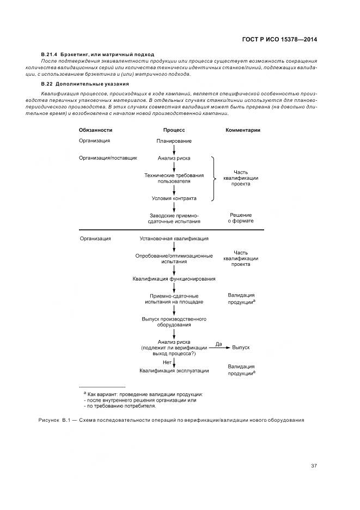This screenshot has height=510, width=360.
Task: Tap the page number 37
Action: pos(314,465)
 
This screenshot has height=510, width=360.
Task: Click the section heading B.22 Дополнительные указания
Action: pos(84,84)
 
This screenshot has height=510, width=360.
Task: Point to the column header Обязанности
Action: pos(95,130)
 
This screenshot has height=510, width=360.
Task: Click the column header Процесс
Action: pos(174,130)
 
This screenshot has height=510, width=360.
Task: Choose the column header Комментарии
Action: pos(242,130)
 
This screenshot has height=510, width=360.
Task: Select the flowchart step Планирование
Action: pos(174,141)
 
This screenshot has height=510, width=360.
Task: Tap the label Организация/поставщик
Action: pos(108,158)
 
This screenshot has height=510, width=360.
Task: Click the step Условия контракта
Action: pos(174,198)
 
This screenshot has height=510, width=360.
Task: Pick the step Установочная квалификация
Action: pos(174,239)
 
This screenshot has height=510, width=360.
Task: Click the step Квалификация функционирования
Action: pos(174,279)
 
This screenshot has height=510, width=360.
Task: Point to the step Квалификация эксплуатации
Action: pos(174,371)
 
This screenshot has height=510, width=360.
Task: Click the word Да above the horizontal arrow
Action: pos(219,344)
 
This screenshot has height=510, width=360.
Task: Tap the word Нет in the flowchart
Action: pos(167,362)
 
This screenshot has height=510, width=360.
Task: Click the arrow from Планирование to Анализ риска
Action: pos(174,149)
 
